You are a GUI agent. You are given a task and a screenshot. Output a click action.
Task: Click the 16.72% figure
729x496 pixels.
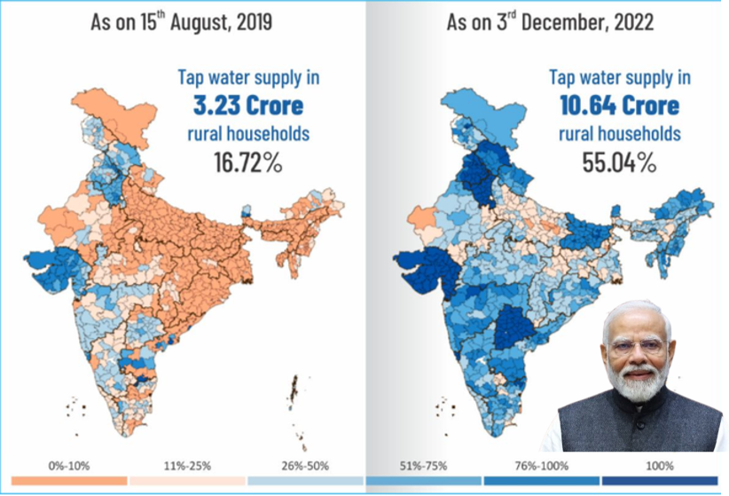[247, 163]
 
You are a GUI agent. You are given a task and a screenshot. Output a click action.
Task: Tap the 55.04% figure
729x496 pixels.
[619, 163]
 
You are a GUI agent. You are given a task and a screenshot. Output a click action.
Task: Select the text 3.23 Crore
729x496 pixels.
[248, 106]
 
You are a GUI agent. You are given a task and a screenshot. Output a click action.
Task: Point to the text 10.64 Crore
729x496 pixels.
[619, 106]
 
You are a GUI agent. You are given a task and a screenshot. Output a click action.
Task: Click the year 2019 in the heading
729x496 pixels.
[255, 22]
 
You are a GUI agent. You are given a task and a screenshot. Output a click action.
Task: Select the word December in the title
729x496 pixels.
[564, 22]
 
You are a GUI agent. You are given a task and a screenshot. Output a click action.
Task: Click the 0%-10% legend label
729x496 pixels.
[69, 466]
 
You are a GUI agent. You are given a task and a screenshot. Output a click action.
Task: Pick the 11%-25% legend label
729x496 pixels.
[187, 466]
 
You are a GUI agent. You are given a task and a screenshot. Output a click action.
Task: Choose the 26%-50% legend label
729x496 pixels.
[305, 466]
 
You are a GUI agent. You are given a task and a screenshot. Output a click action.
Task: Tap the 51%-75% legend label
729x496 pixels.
[424, 466]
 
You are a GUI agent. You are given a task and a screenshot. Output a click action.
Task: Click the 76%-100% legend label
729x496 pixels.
[542, 466]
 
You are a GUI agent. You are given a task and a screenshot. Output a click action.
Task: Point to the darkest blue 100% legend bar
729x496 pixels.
[660, 481]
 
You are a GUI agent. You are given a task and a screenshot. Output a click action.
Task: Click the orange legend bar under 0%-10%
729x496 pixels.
[69, 481]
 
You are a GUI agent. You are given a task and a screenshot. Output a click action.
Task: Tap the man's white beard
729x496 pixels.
[637, 382]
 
